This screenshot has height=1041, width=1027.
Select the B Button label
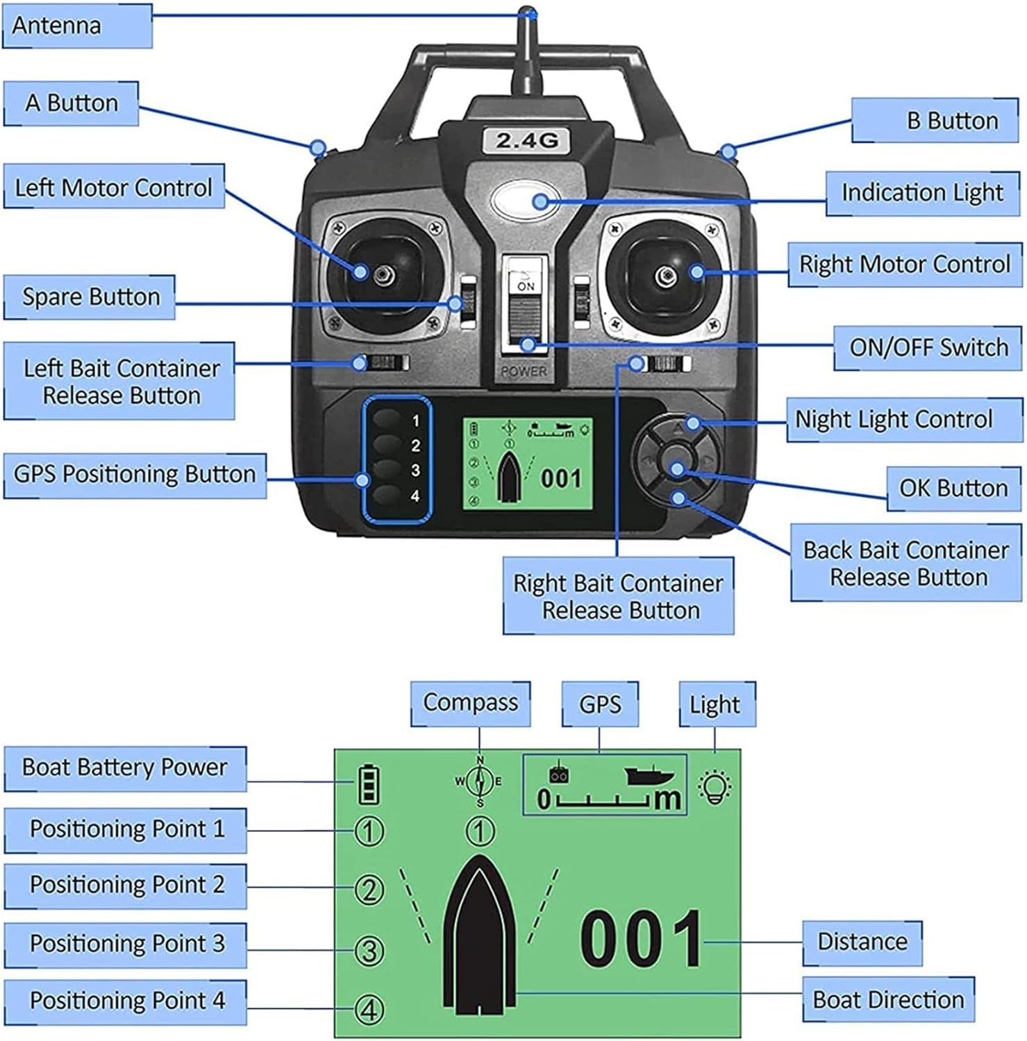pyautogui.click(x=935, y=121)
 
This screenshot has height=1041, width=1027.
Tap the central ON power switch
pyautogui.click(x=526, y=305)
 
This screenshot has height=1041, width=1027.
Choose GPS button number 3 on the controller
pyautogui.click(x=389, y=470)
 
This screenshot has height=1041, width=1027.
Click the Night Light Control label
pyautogui.click(x=903, y=419)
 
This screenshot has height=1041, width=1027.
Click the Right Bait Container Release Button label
pyautogui.click(x=618, y=596)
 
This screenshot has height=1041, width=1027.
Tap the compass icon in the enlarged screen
pyautogui.click(x=479, y=781)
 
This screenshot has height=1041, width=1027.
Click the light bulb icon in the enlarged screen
pyautogui.click(x=715, y=787)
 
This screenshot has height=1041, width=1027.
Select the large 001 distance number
pyautogui.click(x=641, y=939)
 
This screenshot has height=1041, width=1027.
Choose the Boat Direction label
pyautogui.click(x=888, y=999)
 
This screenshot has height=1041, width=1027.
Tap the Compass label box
pyautogui.click(x=470, y=703)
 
